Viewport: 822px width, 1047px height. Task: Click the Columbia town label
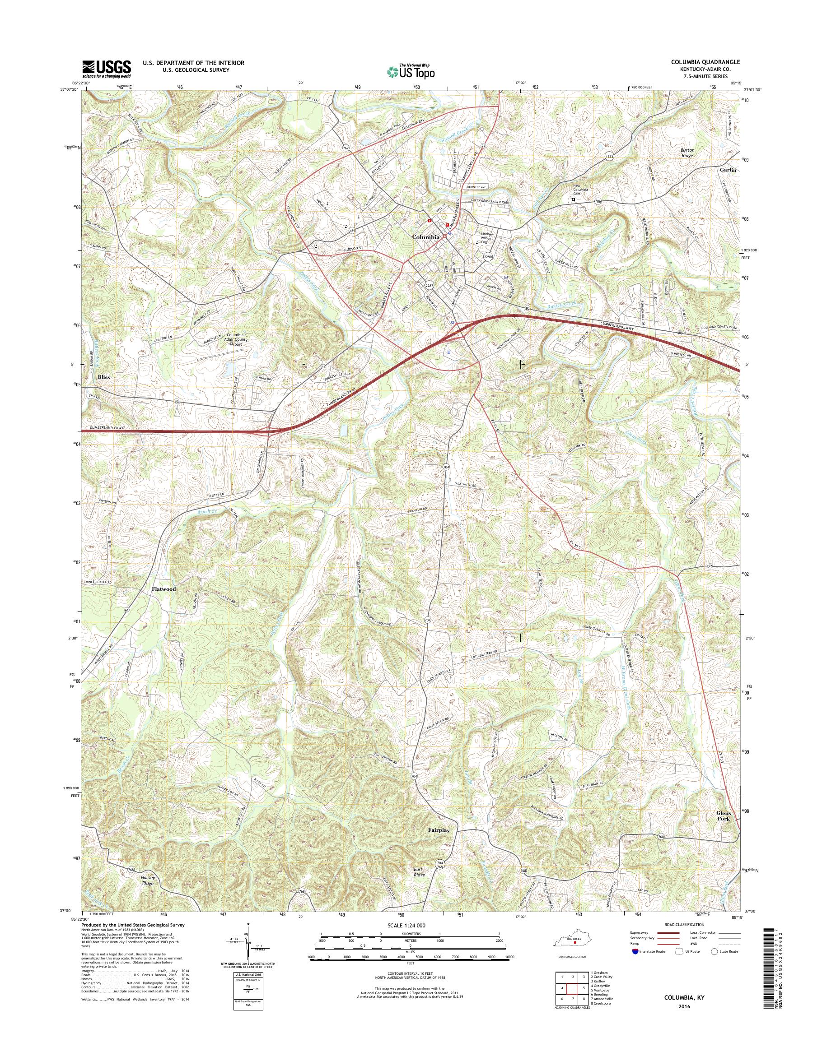426,237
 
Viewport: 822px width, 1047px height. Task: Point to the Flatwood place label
163,589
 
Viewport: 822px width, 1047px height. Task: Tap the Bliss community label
103,377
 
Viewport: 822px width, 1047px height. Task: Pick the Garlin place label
729,170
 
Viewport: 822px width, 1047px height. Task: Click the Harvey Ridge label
147,881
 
